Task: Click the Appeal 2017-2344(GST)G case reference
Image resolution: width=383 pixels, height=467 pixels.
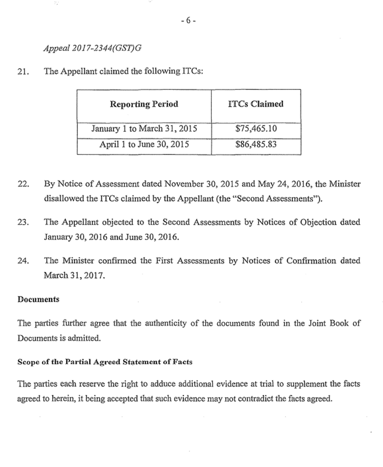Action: point(92,49)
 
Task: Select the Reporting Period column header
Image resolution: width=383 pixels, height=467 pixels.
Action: point(143,104)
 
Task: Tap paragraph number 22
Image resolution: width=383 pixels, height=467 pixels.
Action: point(24,184)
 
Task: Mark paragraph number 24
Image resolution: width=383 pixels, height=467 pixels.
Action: point(24,261)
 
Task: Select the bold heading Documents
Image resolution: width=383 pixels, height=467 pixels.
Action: point(38,299)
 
